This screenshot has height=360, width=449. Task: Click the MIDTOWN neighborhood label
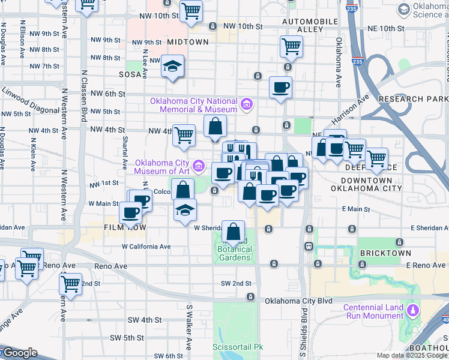tap(188, 42)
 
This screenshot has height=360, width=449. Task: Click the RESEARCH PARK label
tap(413, 98)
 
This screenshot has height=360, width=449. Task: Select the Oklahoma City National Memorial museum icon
tap(246, 106)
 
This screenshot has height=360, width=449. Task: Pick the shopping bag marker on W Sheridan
tap(233, 230)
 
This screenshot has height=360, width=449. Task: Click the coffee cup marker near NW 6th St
tap(280, 87)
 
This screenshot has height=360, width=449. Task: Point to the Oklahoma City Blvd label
tap(298, 301)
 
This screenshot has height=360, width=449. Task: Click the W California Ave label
tap(146, 247)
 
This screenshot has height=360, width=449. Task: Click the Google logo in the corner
tap(20, 353)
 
